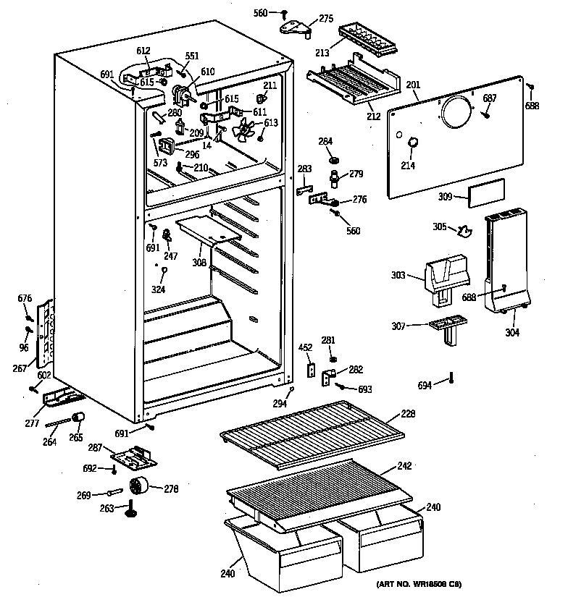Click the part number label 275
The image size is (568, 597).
(x=326, y=18)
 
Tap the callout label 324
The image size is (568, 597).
(x=158, y=289)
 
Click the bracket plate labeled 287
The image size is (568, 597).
(x=133, y=459)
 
